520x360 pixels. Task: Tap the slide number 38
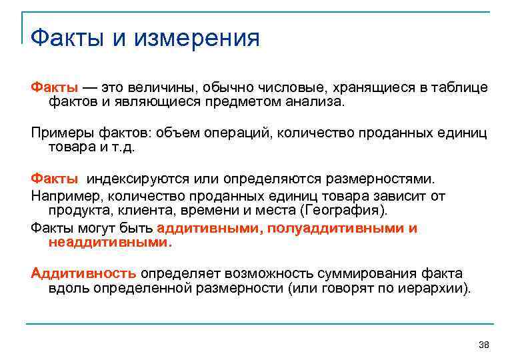click(x=484, y=345)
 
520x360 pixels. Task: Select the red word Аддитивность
click(x=83, y=273)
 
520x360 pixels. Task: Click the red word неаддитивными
click(x=109, y=243)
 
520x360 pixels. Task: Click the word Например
click(x=66, y=196)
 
